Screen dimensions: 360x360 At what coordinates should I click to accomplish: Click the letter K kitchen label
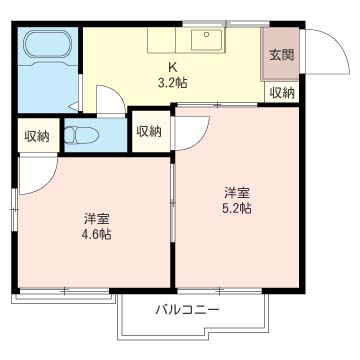tap(173, 69)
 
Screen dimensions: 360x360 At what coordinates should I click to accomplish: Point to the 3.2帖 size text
tap(173, 84)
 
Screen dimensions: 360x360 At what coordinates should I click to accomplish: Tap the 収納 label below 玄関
tap(281, 93)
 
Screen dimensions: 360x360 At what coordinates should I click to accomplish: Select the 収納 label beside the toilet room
tap(148, 131)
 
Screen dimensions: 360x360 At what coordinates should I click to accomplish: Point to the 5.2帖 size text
tap(237, 207)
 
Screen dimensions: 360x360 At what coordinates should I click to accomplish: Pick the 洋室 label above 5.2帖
tap(237, 191)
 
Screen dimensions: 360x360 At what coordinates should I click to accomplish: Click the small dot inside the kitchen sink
tap(208, 35)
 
